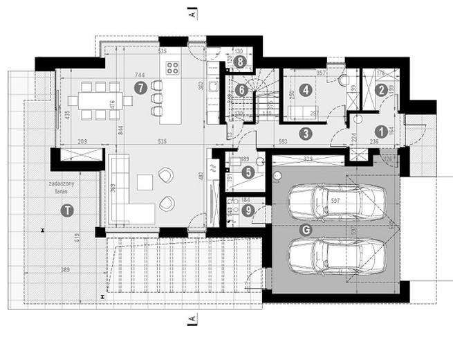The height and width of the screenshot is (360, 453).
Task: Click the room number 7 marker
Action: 141,88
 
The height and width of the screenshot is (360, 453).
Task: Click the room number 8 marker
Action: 240,62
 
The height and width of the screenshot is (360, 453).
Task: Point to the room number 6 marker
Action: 240,89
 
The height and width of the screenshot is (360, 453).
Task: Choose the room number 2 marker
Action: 381,89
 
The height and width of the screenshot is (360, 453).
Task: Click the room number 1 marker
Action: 380,129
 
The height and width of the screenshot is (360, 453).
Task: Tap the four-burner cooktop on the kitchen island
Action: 172,68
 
